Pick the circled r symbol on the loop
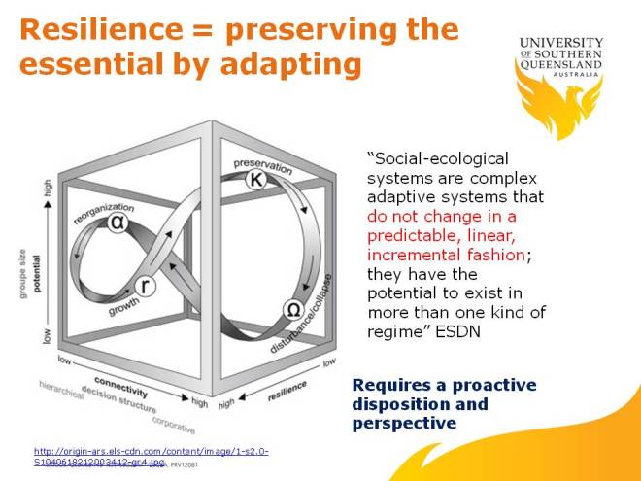coord(144,288)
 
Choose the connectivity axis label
coord(120,385)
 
